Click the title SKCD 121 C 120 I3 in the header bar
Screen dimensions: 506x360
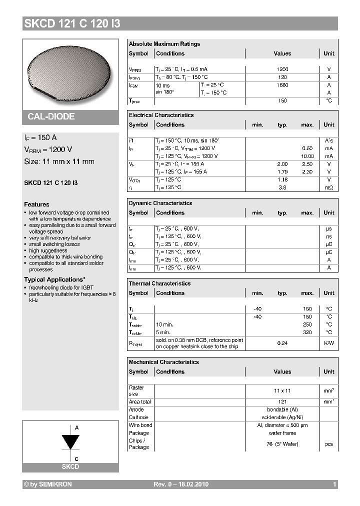pos(72,23)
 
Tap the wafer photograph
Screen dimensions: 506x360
pos(70,73)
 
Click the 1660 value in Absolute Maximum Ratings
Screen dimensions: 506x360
pos(282,85)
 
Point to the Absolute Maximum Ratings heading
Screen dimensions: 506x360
pos(164,44)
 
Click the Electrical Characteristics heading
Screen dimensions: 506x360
pos(161,115)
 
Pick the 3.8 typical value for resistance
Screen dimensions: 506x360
pos(282,187)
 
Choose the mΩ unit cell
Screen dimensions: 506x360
pos(329,187)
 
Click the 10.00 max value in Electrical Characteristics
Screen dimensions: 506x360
pos(307,156)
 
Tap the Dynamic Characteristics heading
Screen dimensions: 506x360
pos(160,203)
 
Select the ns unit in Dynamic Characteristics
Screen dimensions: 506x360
pos(329,236)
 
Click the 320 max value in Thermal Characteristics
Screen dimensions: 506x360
pos(307,332)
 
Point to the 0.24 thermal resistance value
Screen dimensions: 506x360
pos(282,343)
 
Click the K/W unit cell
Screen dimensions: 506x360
pos(329,343)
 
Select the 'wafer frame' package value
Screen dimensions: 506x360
pos(282,433)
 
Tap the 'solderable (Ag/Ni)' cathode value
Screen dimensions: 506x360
pos(282,417)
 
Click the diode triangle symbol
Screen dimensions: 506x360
pos(70,442)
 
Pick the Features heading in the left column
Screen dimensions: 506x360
pos(36,204)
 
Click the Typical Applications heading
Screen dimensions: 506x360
pos(54,279)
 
